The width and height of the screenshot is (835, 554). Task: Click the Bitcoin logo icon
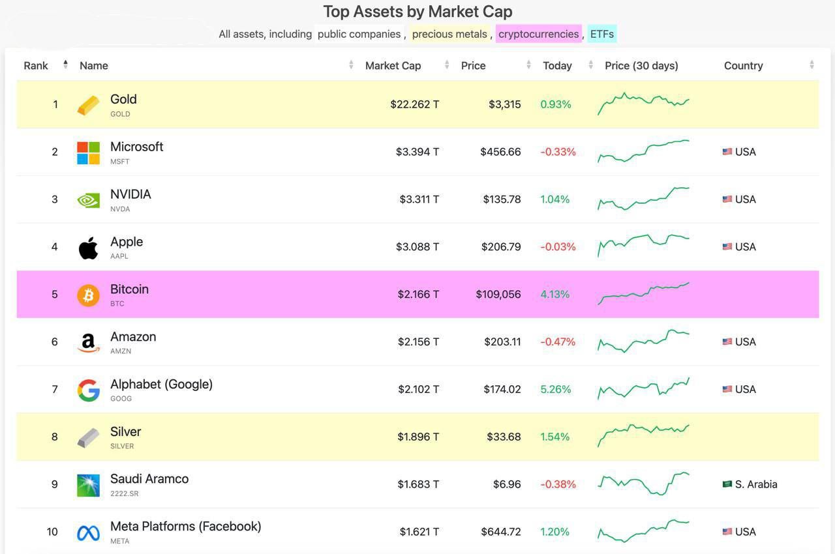tap(88, 295)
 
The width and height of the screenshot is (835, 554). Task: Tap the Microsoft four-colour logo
tap(88, 153)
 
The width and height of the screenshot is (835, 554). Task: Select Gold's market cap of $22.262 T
tap(414, 104)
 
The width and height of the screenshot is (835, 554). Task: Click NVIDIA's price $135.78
tap(502, 199)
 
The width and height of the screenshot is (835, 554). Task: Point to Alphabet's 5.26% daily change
tap(555, 389)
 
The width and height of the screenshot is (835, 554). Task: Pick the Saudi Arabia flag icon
tap(727, 484)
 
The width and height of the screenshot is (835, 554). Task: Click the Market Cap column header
tap(393, 66)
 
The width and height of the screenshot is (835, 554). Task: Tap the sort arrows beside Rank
tap(66, 65)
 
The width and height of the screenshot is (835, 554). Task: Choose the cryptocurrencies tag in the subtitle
tap(538, 34)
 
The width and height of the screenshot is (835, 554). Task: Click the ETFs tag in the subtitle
tap(601, 34)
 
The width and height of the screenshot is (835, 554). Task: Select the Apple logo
tap(88, 248)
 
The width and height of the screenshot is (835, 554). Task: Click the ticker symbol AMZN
tap(121, 351)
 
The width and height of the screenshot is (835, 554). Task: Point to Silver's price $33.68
tap(504, 436)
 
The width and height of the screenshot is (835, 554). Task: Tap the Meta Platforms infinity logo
tap(88, 533)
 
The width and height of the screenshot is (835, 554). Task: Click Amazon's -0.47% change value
tap(558, 342)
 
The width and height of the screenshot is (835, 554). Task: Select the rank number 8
tap(54, 436)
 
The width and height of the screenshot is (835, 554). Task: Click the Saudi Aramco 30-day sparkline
tap(643, 484)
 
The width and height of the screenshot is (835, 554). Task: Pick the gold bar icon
tap(88, 105)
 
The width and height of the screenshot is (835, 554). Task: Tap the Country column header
tap(743, 66)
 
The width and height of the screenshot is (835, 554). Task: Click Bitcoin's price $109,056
tap(498, 294)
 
